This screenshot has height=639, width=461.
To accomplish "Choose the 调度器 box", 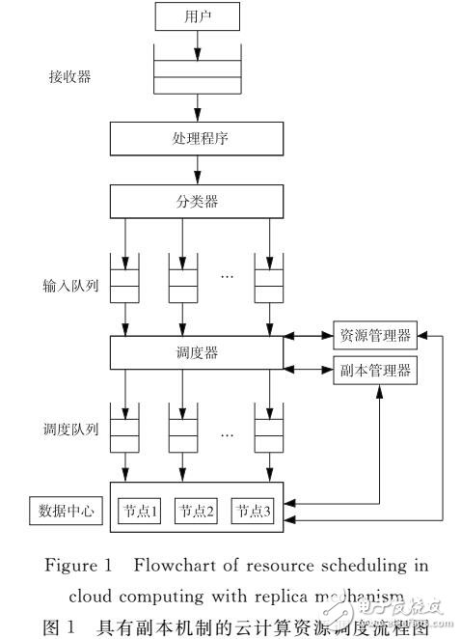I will (x=197, y=352).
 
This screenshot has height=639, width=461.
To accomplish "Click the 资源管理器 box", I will (x=374, y=336).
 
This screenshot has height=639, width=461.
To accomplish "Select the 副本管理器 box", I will (x=374, y=370).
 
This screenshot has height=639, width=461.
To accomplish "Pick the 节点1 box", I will (x=139, y=511).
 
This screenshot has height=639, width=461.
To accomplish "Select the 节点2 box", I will (x=196, y=511).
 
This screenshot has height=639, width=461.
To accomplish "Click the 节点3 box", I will (x=251, y=511).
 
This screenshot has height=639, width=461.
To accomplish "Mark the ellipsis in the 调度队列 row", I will (x=228, y=433).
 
